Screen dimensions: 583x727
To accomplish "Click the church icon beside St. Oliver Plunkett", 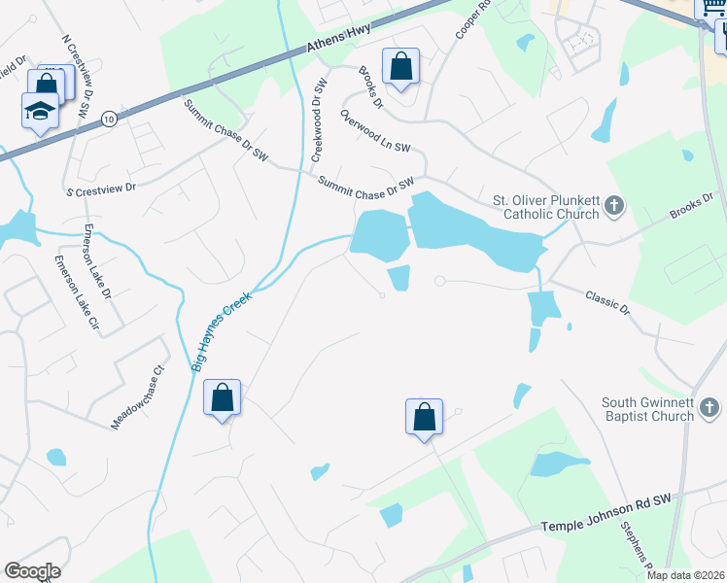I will click(x=613, y=205).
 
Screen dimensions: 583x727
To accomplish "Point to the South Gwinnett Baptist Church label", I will click(x=647, y=409).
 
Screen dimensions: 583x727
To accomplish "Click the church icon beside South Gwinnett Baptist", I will click(x=710, y=409).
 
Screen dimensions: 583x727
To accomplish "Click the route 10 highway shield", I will click(x=109, y=119).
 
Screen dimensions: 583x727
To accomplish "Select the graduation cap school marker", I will click(x=40, y=111).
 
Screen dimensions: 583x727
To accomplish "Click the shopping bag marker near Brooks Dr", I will click(x=400, y=67).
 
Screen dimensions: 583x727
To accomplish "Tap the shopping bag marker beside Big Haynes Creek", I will click(x=222, y=397).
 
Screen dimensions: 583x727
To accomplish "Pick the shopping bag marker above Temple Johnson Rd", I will click(x=424, y=418).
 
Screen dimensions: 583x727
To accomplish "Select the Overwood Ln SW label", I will click(x=375, y=130).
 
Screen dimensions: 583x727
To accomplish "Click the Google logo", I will click(x=32, y=571).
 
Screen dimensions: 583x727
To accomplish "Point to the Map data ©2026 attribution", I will click(x=685, y=575).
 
